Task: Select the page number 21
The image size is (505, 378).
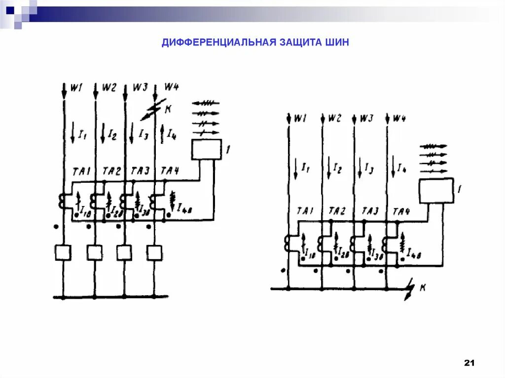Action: click(x=469, y=363)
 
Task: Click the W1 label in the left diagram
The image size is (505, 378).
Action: click(x=76, y=88)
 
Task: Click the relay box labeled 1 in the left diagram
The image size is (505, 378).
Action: click(x=206, y=149)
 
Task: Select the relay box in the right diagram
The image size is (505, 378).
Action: click(x=436, y=191)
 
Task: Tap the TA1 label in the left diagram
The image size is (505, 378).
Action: click(x=80, y=171)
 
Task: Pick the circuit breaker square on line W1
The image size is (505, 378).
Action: click(x=63, y=252)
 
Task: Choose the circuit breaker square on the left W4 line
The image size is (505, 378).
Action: click(x=155, y=252)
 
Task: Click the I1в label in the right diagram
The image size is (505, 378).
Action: click(x=310, y=255)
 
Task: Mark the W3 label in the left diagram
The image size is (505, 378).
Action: click(x=141, y=88)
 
